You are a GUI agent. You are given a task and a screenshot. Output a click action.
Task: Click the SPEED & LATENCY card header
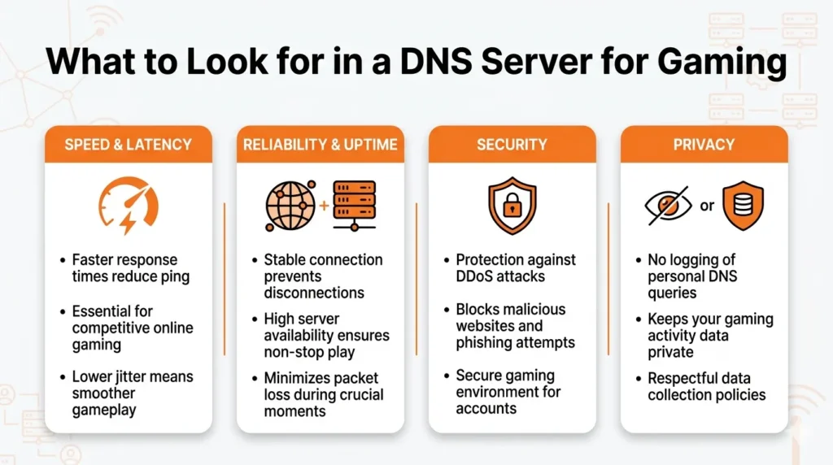coord(128,145)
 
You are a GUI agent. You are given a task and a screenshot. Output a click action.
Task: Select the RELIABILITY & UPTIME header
coord(320,145)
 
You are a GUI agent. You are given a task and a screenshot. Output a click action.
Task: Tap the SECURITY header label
coord(512,145)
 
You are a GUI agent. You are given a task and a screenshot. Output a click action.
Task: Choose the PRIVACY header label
coord(704,145)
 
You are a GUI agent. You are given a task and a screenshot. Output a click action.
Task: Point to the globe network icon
coord(290,206)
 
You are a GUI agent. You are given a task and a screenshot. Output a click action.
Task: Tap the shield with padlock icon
coord(512,206)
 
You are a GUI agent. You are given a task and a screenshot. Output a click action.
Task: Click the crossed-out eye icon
coord(668,206)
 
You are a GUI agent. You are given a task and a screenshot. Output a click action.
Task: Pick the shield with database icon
coord(743,206)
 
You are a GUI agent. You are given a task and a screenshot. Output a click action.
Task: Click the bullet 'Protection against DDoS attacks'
coord(516,268)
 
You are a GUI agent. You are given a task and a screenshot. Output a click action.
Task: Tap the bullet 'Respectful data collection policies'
coord(706,386)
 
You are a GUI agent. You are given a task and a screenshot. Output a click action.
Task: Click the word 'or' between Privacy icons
coord(707,206)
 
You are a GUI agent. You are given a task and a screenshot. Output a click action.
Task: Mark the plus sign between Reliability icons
coord(324,206)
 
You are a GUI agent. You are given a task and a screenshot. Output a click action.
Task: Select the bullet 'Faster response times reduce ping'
coord(130,268)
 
